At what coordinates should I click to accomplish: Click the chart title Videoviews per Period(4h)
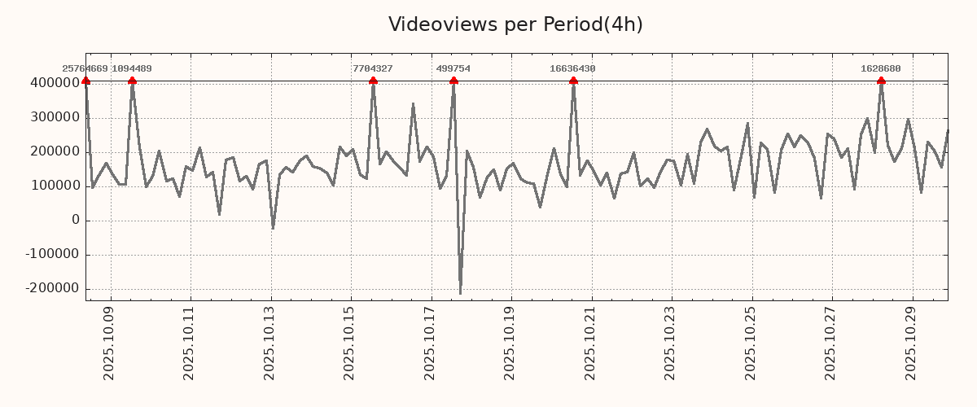click(x=515, y=24)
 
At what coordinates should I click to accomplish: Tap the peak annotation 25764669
click(x=85, y=69)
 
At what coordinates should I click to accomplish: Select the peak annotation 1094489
click(x=132, y=69)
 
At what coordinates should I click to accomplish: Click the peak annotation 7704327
click(x=373, y=69)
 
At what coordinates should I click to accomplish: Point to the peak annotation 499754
click(x=453, y=69)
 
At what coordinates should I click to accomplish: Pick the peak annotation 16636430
click(x=572, y=69)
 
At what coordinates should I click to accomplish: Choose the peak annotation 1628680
click(x=881, y=69)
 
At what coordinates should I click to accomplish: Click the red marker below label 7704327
click(x=373, y=81)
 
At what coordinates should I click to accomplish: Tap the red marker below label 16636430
click(x=573, y=81)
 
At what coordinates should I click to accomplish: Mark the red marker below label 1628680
click(x=881, y=81)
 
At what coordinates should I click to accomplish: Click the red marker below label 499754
click(x=453, y=81)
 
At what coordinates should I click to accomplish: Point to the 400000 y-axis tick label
click(x=55, y=83)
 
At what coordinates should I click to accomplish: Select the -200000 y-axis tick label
click(x=51, y=289)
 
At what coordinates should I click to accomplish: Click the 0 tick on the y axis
click(x=76, y=221)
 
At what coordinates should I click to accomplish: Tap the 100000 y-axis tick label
click(x=55, y=186)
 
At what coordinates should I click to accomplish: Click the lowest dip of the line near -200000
click(x=460, y=293)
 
